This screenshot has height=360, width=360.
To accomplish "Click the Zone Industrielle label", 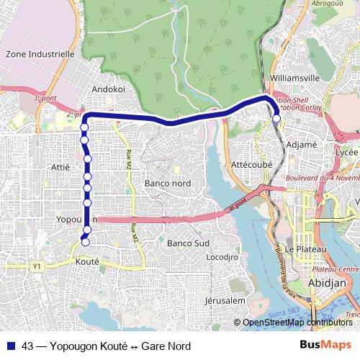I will tap(40, 53).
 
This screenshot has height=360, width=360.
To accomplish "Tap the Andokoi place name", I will tap(109, 89).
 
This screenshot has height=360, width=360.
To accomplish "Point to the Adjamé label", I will tap(302, 144).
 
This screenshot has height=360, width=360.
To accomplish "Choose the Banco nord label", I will tap(168, 184).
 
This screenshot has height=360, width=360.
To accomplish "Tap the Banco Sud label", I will tap(188, 243).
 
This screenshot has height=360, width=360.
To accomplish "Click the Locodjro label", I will tap(222, 256).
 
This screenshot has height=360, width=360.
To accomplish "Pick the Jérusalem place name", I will tap(225, 300).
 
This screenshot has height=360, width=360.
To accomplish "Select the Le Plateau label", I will tap(306, 249).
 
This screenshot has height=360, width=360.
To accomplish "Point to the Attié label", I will tap(61, 167).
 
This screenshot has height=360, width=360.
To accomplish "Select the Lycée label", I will tap(346, 153).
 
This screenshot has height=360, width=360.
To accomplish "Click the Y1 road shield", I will tap(37, 266).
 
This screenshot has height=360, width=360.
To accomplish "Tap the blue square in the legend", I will tap(11, 346).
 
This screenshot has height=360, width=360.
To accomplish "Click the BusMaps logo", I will tap(325, 346).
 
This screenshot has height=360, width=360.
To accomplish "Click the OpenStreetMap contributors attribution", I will tap(297, 323).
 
